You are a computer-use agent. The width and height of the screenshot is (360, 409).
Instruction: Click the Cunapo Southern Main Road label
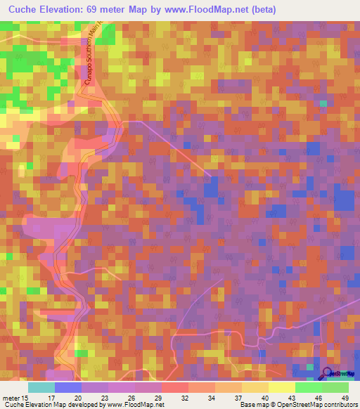pyautogui.click(x=94, y=60)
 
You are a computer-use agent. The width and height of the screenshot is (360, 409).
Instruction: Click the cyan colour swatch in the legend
pyautogui.click(x=41, y=387)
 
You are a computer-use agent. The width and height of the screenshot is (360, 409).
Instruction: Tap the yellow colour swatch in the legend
pyautogui.click(x=281, y=387)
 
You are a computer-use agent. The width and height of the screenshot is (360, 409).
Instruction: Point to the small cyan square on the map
pyautogui.click(x=323, y=103)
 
